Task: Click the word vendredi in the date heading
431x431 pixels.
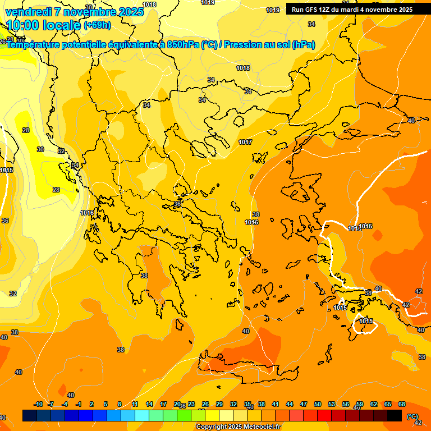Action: pos(28,12)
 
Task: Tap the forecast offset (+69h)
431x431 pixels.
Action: pos(97,25)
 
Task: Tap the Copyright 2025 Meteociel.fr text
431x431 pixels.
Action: pos(238,427)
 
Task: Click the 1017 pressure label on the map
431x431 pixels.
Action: pos(245,142)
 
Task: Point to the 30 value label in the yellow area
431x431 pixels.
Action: pos(40,149)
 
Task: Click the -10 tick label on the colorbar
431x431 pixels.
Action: pos(38,404)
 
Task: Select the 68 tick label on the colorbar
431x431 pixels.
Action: pos(402,404)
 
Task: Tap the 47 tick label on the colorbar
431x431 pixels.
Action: pos(304,404)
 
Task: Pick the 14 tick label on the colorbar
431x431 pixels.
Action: pos(149,404)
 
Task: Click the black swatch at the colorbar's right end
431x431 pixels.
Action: pos(395,415)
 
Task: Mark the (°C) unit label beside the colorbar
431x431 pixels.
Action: pos(412,416)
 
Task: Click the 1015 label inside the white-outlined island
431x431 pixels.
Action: pos(366,321)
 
